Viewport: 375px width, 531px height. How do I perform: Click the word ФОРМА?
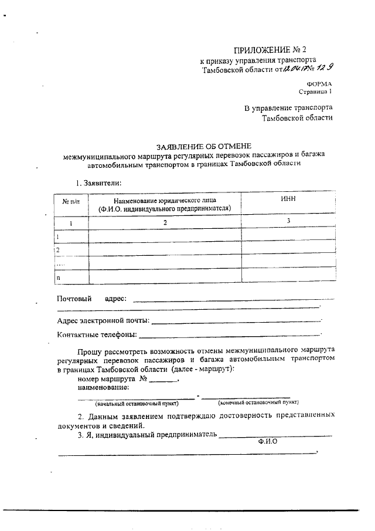[x=319, y=84]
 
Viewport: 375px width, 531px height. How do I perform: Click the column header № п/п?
[x=71, y=201]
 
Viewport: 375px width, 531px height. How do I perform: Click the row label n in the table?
[x=58, y=276]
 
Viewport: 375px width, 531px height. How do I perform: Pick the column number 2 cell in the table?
[x=165, y=222]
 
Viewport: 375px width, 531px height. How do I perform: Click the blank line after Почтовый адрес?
[x=234, y=300]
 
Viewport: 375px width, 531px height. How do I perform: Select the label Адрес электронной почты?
[x=103, y=321]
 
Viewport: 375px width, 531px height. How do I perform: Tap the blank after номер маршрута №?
[x=162, y=381]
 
